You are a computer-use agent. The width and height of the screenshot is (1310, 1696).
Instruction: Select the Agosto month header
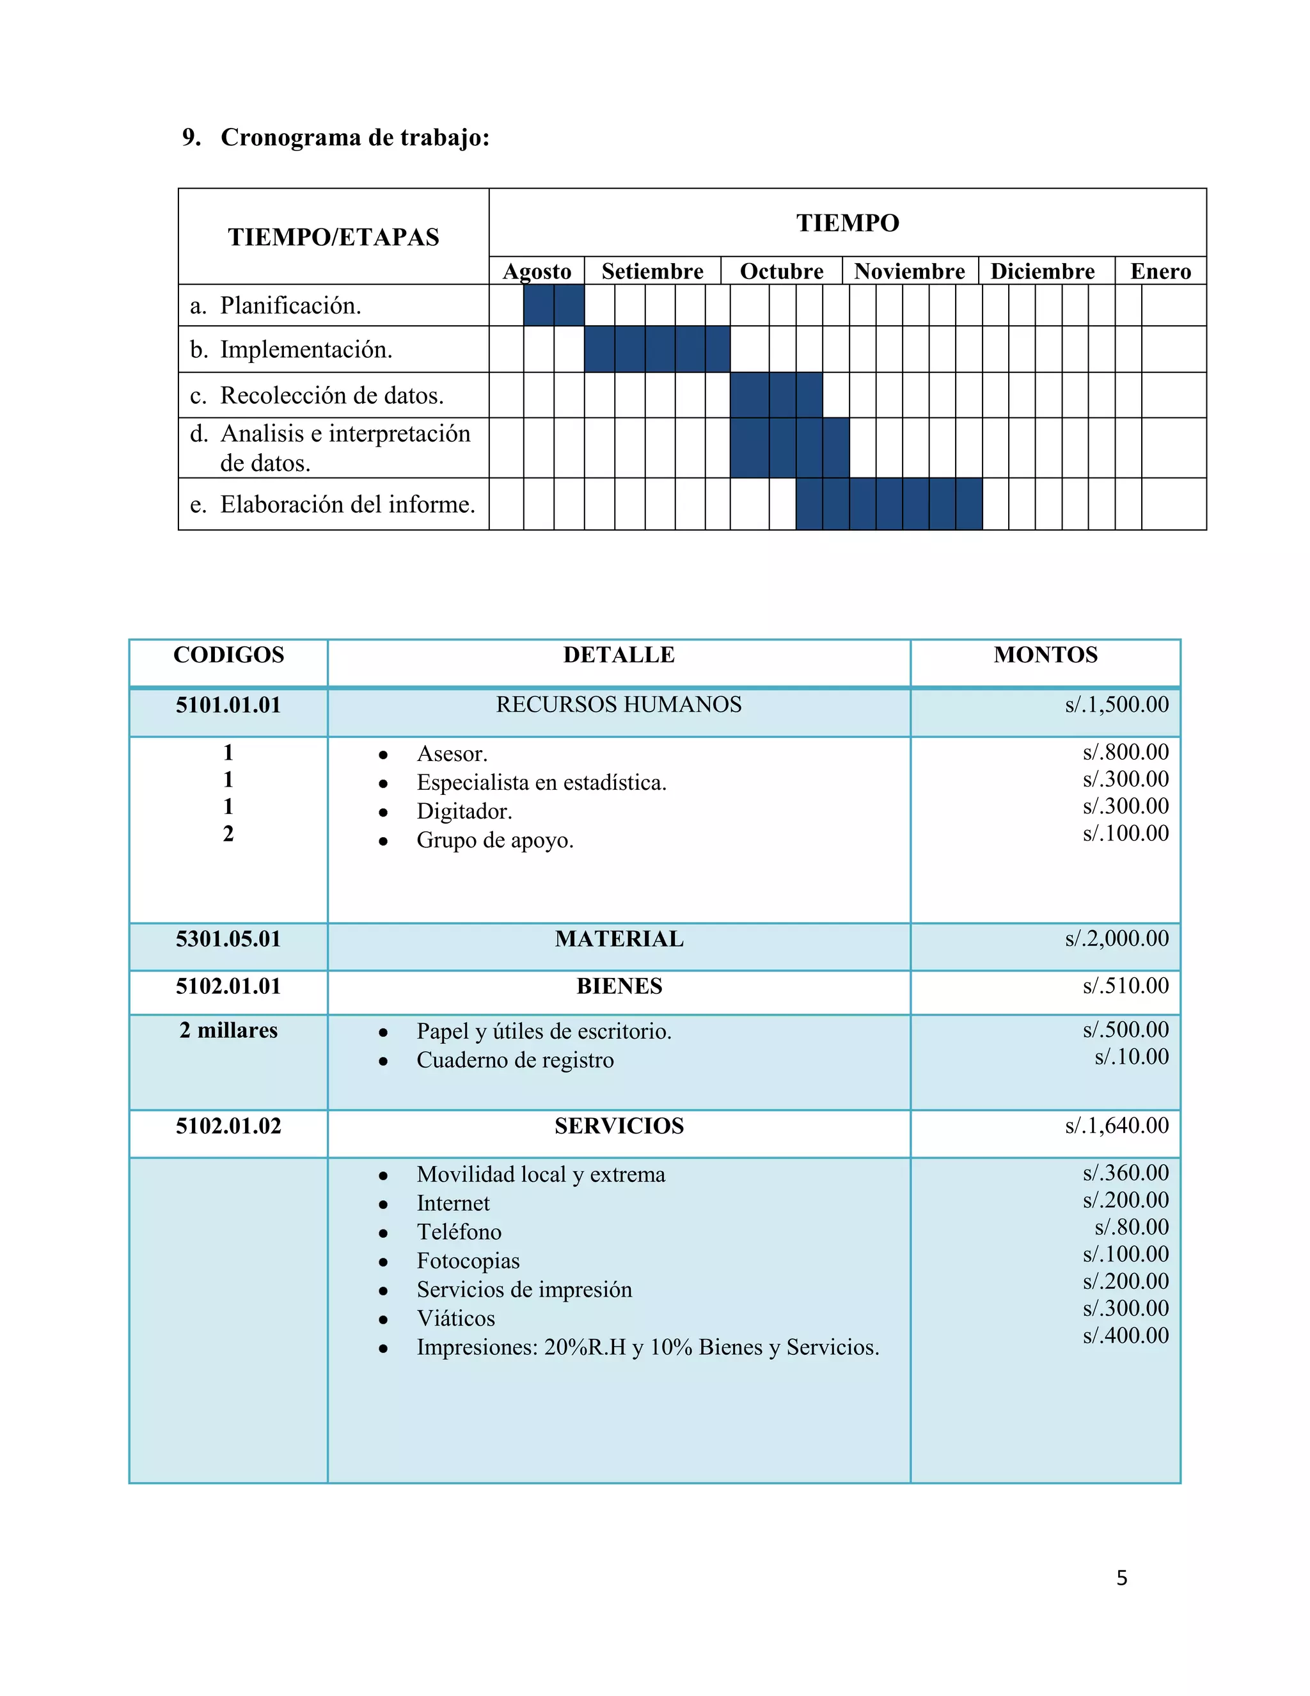pyautogui.click(x=537, y=271)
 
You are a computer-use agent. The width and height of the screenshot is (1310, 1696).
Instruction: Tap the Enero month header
pyautogui.click(x=1160, y=271)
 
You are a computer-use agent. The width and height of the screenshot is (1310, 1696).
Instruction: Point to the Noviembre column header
pyautogui.click(x=910, y=271)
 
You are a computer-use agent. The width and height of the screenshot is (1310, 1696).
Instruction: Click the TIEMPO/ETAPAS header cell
pyautogui.click(x=334, y=237)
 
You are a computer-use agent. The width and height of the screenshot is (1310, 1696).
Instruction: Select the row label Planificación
pyautogui.click(x=290, y=305)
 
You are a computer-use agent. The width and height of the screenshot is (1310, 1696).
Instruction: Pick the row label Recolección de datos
pyautogui.click(x=331, y=396)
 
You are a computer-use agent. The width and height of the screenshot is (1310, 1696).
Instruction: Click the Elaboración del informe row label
pyautogui.click(x=347, y=504)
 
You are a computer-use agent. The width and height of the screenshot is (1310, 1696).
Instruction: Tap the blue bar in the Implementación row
pyautogui.click(x=656, y=349)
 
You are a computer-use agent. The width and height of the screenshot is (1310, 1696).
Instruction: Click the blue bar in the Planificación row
pyautogui.click(x=553, y=305)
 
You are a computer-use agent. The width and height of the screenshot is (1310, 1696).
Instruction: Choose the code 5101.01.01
pyautogui.click(x=228, y=705)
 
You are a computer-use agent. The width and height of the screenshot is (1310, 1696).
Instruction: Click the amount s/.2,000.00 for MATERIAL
pyautogui.click(x=1116, y=939)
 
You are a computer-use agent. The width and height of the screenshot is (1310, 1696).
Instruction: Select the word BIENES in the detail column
pyautogui.click(x=619, y=986)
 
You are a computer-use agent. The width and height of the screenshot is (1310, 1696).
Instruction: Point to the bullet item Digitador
pyautogui.click(x=464, y=812)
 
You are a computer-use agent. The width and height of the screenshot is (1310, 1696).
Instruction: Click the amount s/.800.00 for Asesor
pyautogui.click(x=1125, y=752)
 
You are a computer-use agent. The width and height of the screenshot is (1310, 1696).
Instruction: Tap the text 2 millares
pyautogui.click(x=228, y=1030)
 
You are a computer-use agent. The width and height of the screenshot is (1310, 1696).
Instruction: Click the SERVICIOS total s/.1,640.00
pyautogui.click(x=1116, y=1126)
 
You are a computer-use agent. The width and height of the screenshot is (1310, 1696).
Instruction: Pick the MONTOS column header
pyautogui.click(x=1045, y=655)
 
